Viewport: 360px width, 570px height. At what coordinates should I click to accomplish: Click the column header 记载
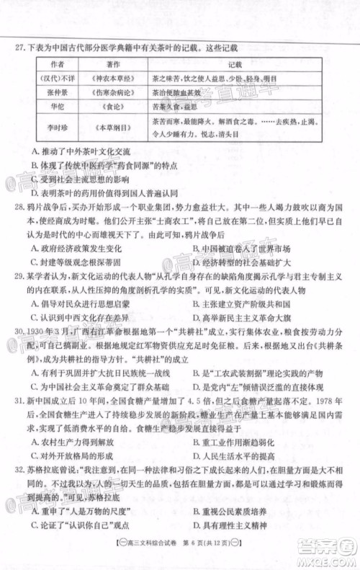pos(235,64)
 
